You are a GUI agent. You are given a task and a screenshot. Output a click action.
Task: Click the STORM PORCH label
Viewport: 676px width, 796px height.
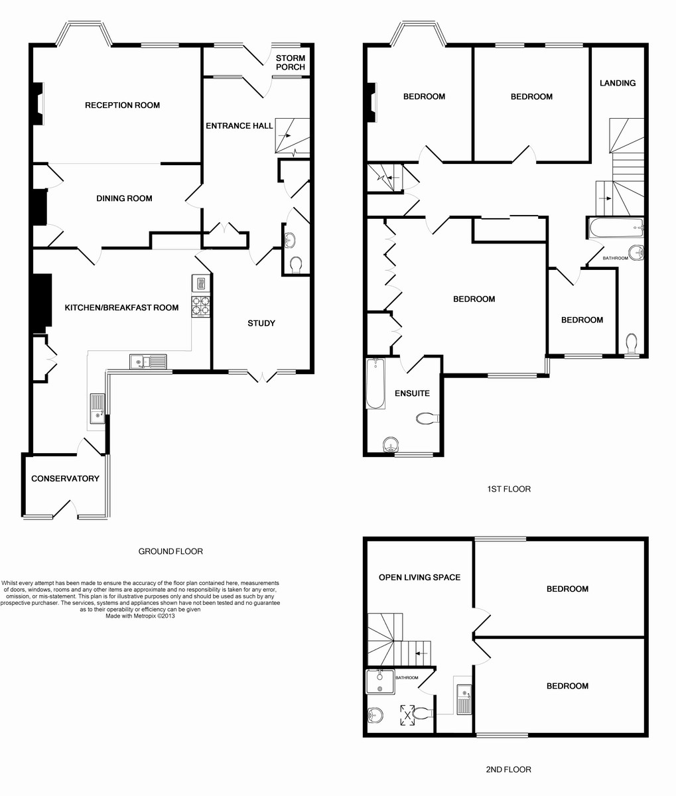click(x=291, y=62)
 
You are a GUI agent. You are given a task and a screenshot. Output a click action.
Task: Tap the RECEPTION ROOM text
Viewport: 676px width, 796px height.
click(x=123, y=105)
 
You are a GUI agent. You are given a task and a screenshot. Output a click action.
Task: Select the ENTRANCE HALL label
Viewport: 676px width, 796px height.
click(x=239, y=125)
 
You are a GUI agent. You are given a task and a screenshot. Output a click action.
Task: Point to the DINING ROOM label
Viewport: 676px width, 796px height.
click(x=124, y=198)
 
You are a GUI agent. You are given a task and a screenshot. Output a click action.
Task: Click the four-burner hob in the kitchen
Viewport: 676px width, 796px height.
click(x=201, y=306)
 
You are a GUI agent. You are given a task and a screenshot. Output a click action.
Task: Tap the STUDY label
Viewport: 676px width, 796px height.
click(x=261, y=323)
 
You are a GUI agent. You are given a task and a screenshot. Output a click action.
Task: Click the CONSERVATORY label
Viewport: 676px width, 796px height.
click(x=65, y=478)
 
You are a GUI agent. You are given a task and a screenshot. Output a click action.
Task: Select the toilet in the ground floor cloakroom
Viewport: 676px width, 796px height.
click(x=296, y=265)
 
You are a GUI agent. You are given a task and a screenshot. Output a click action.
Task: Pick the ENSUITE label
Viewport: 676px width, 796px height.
click(x=412, y=393)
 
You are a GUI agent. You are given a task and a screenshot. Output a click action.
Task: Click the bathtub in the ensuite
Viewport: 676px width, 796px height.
click(x=375, y=383)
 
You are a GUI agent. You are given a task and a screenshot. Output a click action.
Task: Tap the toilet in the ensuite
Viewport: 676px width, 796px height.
click(x=427, y=418)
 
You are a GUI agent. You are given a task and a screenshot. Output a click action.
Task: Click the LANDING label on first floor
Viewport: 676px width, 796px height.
click(x=618, y=83)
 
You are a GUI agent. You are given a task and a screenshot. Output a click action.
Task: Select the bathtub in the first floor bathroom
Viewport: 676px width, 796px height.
click(x=616, y=228)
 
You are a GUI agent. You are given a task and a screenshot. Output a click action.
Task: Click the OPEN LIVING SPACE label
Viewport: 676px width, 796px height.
click(x=419, y=577)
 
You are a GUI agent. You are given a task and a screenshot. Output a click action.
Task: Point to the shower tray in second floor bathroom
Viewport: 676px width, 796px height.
click(x=380, y=682)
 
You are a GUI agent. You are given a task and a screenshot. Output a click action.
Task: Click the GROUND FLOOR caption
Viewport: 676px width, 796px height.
click(x=170, y=551)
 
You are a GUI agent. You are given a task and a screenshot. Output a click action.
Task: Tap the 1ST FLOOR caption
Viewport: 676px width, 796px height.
click(x=509, y=489)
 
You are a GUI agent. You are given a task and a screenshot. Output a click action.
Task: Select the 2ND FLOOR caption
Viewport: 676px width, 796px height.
click(x=508, y=769)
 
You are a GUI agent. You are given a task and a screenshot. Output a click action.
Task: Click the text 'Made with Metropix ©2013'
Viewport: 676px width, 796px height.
click(x=140, y=616)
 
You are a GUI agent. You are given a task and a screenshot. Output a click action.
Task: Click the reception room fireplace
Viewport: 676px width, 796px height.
click(x=38, y=103)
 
